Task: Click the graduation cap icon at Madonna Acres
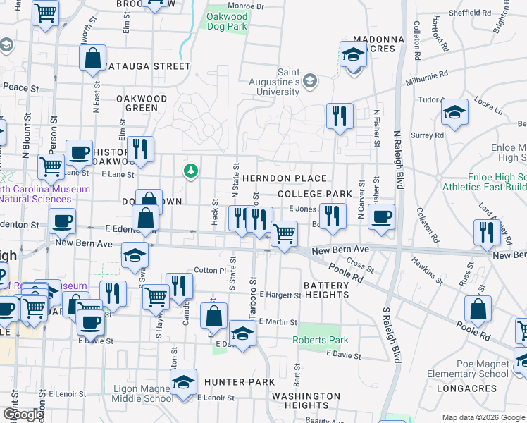(353, 54)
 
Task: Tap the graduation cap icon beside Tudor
(455, 112)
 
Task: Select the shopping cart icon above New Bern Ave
(284, 233)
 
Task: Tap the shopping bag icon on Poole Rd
(478, 309)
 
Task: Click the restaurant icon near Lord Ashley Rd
(486, 233)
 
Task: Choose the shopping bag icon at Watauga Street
(93, 59)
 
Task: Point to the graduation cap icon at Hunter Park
(184, 383)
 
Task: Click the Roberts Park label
(321, 340)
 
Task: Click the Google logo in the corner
(24, 415)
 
